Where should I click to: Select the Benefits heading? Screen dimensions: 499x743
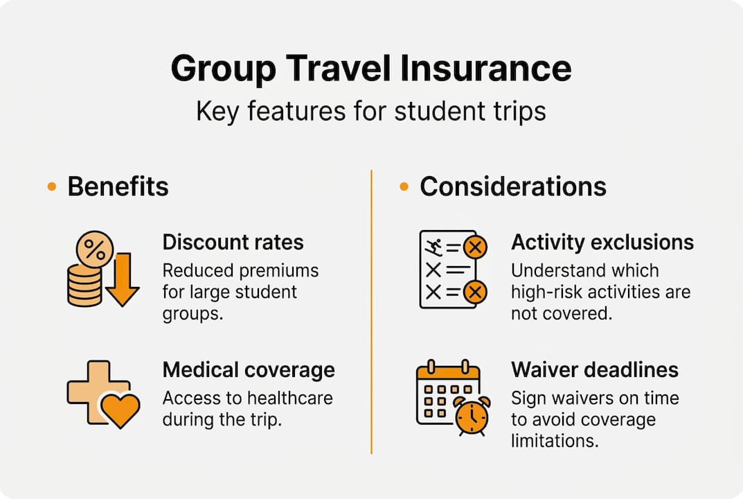[x=118, y=186]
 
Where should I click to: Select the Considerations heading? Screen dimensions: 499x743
[x=513, y=186]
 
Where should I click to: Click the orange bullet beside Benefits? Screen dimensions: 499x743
[x=51, y=186]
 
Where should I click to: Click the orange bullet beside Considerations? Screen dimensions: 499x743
[x=404, y=186]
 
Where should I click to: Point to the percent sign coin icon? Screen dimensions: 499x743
[x=95, y=249]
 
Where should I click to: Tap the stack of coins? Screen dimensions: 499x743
[x=84, y=286]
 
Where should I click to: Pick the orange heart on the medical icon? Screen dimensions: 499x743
[x=120, y=409]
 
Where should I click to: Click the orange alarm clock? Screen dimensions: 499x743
[x=472, y=415]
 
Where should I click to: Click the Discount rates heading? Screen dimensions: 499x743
[x=233, y=242]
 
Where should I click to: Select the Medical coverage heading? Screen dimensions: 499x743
[x=249, y=369]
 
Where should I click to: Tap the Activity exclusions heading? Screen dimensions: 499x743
[x=602, y=242]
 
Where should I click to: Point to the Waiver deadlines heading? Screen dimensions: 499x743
[x=595, y=369]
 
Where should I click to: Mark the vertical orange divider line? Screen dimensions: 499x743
[x=372, y=312]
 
